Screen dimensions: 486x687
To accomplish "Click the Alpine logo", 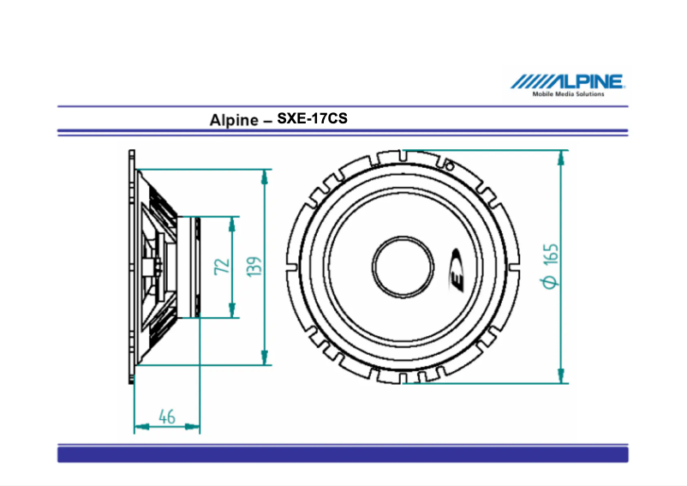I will [568, 81].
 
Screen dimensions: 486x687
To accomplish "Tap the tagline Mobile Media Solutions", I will [568, 94].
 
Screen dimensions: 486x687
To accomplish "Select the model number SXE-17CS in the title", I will [312, 118].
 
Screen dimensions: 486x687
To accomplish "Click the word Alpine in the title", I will [234, 120].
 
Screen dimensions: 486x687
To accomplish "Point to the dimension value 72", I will [221, 266].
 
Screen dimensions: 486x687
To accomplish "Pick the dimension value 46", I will [167, 417].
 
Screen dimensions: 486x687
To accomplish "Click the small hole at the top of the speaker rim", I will [447, 163].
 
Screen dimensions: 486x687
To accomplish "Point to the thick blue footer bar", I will [343, 453].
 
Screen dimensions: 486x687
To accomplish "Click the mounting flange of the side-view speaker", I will [133, 266].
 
